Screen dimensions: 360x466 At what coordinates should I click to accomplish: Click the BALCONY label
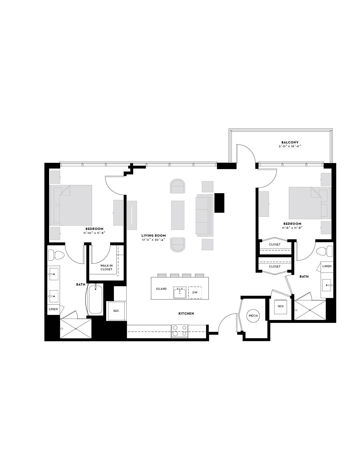coord(290,142)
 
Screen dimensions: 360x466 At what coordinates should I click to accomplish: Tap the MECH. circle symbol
coord(253,316)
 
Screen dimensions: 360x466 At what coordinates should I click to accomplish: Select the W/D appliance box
coord(280,306)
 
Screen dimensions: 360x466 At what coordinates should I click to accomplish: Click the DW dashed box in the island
coord(195,293)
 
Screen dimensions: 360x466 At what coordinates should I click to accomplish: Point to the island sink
coord(180,293)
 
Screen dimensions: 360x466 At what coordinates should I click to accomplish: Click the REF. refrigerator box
coord(116,311)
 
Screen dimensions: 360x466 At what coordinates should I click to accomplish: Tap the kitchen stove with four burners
coord(180,331)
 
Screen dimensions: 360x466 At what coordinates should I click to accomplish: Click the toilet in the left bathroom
coord(56,255)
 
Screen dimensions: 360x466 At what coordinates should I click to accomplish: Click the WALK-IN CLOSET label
coord(106,267)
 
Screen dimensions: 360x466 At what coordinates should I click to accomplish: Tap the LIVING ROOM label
coord(154,236)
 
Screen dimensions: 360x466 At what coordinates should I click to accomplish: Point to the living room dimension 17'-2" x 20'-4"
coord(154,239)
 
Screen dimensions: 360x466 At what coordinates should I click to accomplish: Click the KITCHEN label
coord(186,313)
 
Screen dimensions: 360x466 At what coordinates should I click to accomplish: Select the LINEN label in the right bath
coord(327,266)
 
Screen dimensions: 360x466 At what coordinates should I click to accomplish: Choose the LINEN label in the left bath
coord(53,309)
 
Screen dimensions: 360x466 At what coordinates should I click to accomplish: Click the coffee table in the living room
coord(178,215)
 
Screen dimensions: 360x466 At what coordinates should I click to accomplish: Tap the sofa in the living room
coord(204,215)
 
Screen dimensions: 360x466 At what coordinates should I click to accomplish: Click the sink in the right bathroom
coord(327,285)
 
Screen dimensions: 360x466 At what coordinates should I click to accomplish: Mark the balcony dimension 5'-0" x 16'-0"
coord(290,146)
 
